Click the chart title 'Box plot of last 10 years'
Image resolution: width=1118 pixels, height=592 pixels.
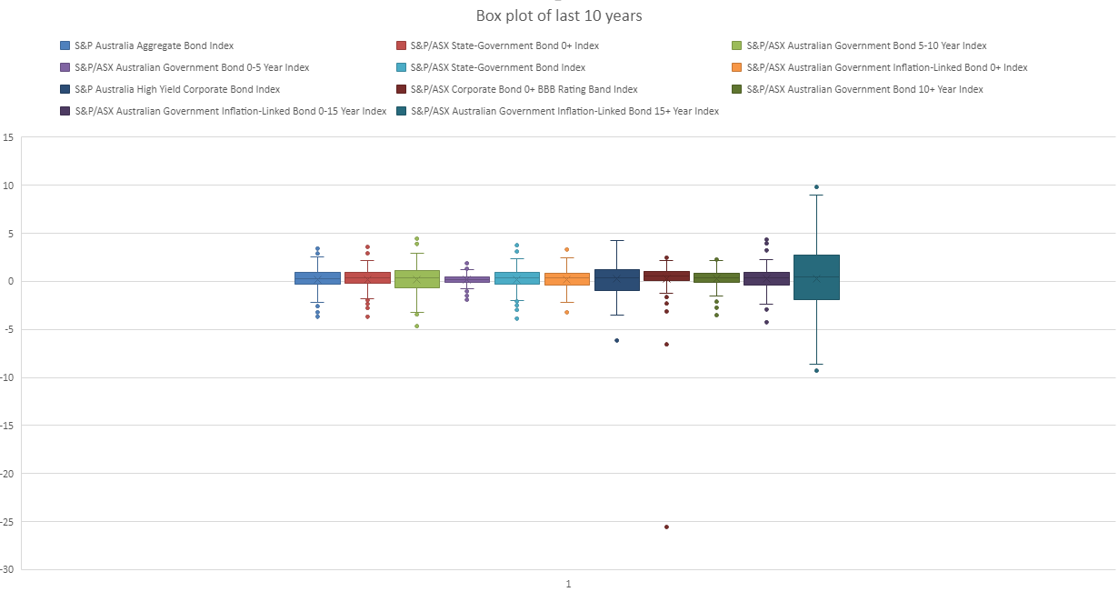pyautogui.click(x=558, y=16)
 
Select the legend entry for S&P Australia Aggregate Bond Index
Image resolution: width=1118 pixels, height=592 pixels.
pyautogui.click(x=153, y=45)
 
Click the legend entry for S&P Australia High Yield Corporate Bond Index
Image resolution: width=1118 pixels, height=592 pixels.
pyautogui.click(x=176, y=89)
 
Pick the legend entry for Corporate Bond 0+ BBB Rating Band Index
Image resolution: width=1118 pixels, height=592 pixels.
pyautogui.click(x=524, y=89)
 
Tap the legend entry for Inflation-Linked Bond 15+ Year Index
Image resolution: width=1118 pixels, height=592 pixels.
pyautogui.click(x=564, y=111)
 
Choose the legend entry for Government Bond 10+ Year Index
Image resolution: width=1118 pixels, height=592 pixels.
pyautogui.click(x=864, y=89)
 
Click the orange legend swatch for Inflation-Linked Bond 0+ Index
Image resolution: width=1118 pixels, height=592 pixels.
pyautogui.click(x=737, y=67)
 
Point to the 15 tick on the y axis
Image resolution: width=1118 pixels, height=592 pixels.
pyautogui.click(x=8, y=138)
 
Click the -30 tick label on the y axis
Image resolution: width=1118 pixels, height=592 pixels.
pyautogui.click(x=7, y=569)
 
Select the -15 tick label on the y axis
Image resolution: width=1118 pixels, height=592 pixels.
pyautogui.click(x=7, y=426)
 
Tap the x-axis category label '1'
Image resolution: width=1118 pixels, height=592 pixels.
pyautogui.click(x=568, y=584)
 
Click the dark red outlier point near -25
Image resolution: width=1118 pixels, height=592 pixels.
pyautogui.click(x=666, y=527)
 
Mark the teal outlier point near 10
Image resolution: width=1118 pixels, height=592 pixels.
pyautogui.click(x=816, y=187)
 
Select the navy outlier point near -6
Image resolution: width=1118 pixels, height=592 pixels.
pyautogui.click(x=616, y=340)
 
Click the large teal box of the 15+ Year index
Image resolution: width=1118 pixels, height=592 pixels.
pyautogui.click(x=816, y=277)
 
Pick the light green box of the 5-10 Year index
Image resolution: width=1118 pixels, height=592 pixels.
pyautogui.click(x=417, y=278)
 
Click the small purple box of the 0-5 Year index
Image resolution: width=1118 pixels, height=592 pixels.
pyautogui.click(x=467, y=279)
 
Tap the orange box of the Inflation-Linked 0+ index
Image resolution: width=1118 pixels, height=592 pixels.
pyautogui.click(x=567, y=278)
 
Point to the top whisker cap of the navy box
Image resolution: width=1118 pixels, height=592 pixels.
pyautogui.click(x=616, y=241)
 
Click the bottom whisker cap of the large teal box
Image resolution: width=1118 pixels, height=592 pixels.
pyautogui.click(x=816, y=364)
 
